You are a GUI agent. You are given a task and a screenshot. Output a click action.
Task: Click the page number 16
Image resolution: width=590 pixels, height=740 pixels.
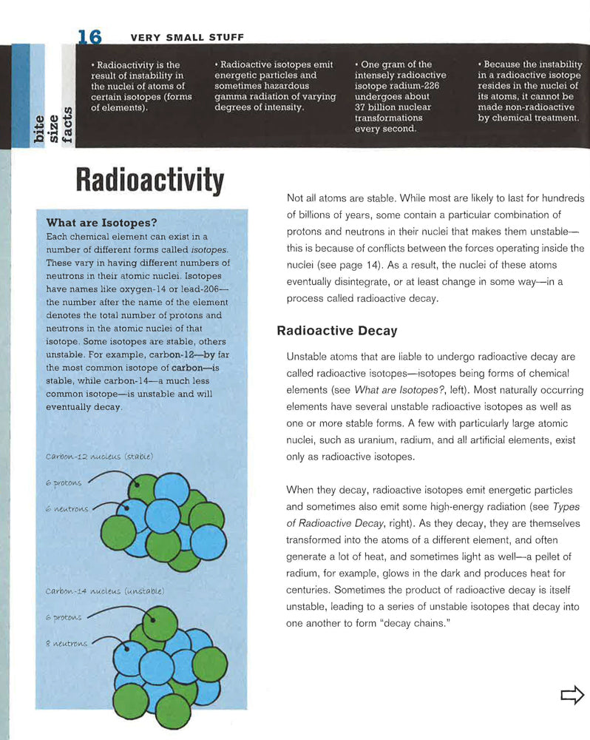(89, 36)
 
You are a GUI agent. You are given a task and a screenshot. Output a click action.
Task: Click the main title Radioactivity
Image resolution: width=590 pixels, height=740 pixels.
(149, 181)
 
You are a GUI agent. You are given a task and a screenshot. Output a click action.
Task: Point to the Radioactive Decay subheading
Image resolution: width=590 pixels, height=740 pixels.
(336, 331)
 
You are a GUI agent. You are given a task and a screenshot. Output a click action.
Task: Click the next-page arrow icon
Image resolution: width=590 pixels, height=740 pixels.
(572, 694)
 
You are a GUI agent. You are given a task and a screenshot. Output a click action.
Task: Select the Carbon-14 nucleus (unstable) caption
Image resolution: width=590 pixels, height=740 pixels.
(104, 591)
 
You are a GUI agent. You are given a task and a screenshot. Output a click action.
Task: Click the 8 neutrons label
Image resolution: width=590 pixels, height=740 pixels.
(66, 643)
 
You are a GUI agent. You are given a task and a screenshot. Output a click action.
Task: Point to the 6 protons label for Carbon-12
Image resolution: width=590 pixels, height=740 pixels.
(64, 482)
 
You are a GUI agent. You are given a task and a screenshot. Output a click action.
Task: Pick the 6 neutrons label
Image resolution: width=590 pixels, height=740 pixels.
(67, 508)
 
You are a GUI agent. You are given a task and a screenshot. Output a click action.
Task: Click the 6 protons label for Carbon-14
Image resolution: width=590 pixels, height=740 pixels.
(63, 616)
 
